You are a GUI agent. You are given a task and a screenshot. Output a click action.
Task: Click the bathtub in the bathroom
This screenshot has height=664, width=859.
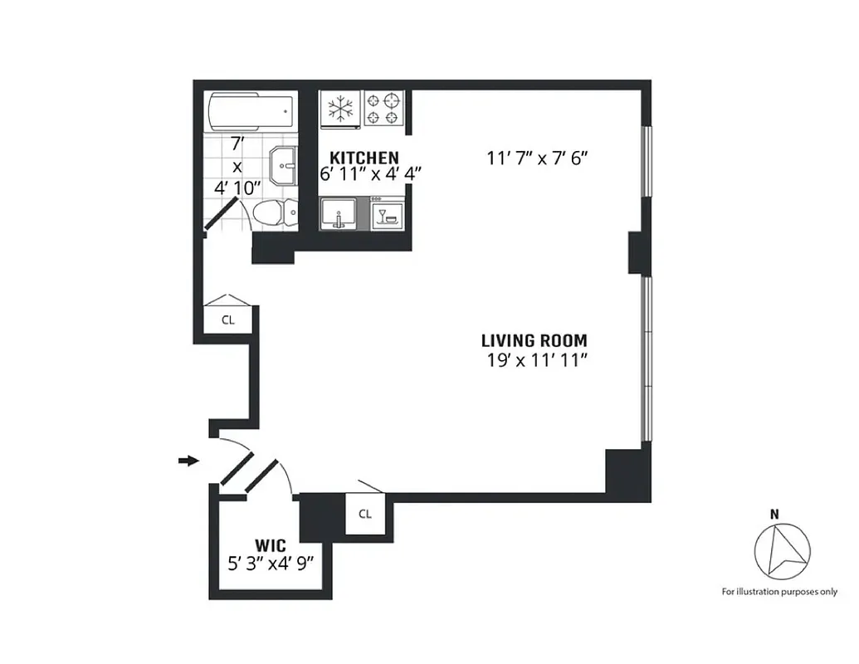(250, 111)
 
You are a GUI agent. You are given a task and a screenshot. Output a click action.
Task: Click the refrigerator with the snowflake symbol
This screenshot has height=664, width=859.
(340, 109)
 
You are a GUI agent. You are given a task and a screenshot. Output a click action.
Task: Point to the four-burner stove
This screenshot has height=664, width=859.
(384, 109)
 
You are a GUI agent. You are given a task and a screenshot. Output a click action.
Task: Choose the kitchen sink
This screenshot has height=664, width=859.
(340, 213)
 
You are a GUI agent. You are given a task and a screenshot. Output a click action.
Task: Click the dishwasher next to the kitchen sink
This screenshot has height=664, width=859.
(388, 213)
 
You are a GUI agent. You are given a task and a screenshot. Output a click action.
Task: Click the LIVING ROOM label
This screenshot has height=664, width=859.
(534, 340)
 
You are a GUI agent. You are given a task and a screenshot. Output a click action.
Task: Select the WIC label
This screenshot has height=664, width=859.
(271, 545)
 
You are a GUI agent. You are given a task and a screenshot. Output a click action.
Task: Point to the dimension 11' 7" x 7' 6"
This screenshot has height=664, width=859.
(543, 158)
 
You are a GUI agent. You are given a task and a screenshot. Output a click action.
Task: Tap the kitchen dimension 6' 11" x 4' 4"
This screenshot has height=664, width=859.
(360, 174)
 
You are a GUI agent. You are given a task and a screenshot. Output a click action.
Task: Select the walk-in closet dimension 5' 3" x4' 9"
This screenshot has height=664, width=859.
(271, 564)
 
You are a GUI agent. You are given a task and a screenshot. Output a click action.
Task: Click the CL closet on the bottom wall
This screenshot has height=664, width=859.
(365, 514)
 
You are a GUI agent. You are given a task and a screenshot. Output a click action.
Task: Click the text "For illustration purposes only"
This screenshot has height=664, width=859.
(778, 592)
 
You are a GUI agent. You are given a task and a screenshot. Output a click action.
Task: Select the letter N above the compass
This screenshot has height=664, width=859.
(774, 514)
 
